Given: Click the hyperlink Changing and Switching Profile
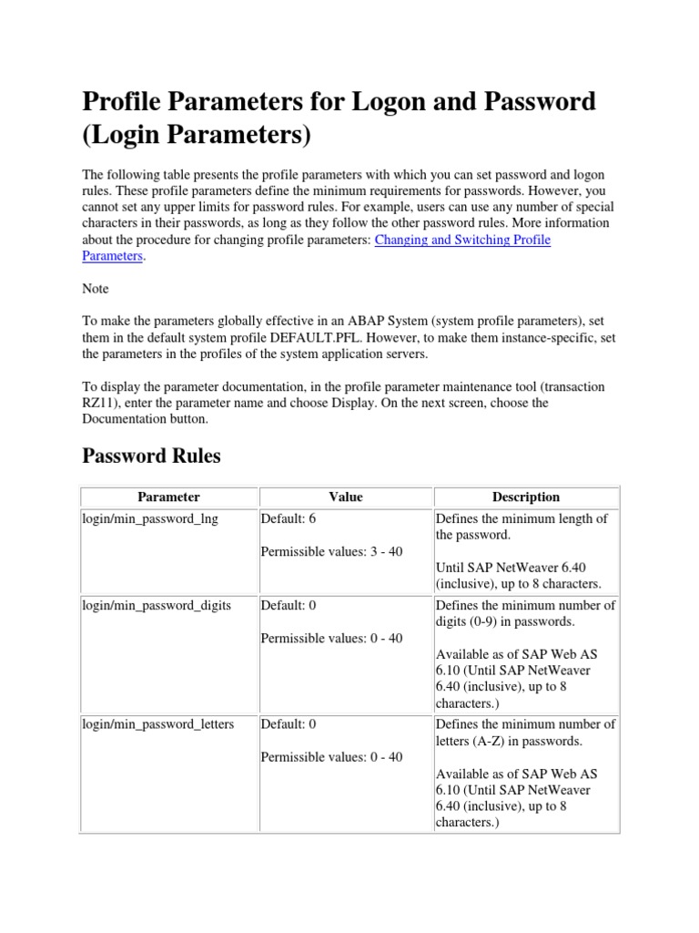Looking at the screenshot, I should click(462, 240).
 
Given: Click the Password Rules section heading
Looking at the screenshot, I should click(151, 456).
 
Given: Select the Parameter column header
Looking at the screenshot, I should click(168, 497).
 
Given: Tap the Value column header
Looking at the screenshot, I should click(345, 497).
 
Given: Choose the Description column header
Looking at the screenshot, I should click(525, 497).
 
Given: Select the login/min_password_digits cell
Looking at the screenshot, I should click(156, 605).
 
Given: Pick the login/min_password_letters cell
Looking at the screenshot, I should click(158, 723).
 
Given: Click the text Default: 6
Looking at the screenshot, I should click(289, 518).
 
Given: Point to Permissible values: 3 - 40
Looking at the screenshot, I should click(331, 551).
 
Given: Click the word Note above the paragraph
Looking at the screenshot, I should click(96, 289).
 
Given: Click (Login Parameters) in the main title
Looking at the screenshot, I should click(197, 137).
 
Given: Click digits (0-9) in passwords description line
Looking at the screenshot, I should click(507, 621).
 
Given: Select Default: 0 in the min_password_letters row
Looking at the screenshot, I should click(289, 723).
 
